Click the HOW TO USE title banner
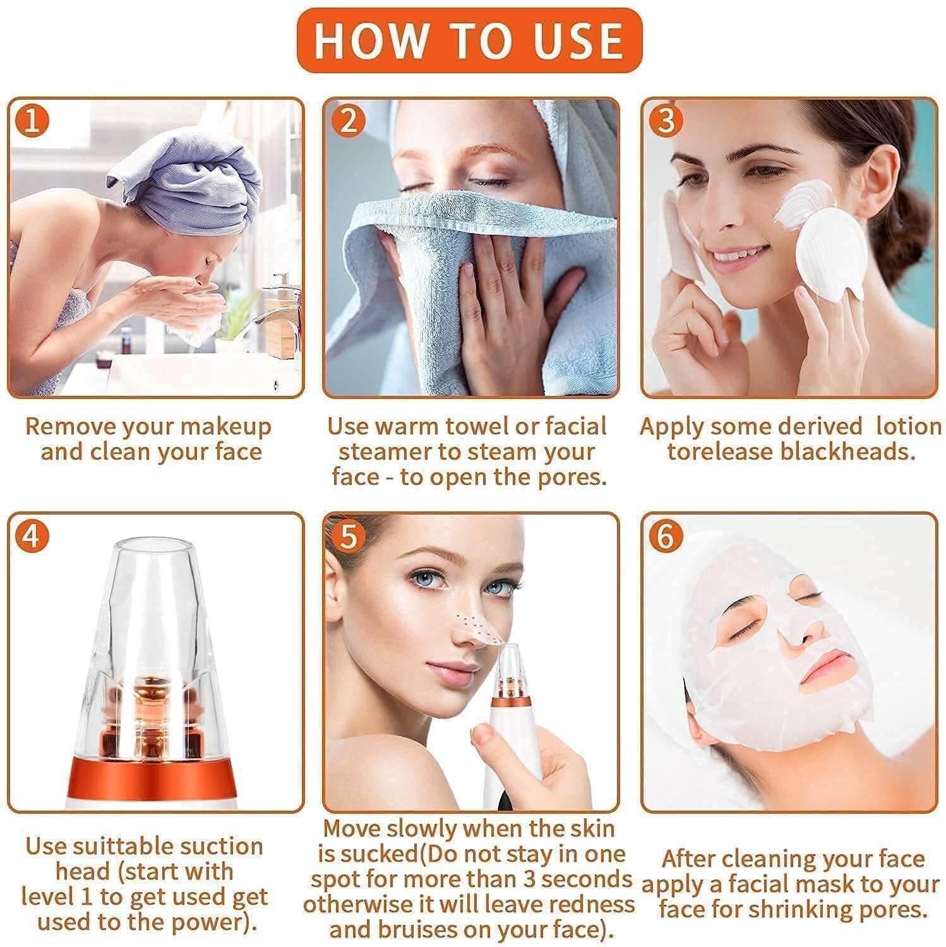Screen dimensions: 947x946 469,40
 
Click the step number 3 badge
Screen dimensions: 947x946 667,121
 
